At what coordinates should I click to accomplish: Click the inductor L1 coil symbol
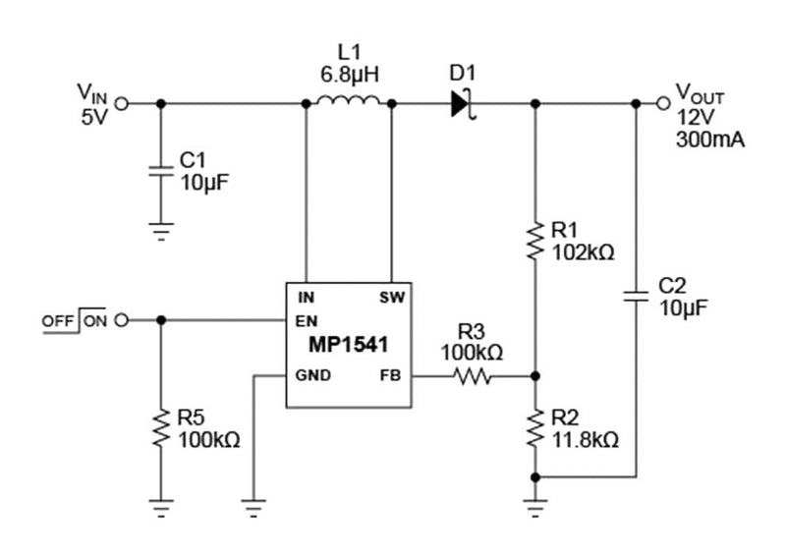pyautogui.click(x=349, y=101)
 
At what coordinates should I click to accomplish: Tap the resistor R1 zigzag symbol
pyautogui.click(x=535, y=241)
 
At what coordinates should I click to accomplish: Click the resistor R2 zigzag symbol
pyautogui.click(x=535, y=426)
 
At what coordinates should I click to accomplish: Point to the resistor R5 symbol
pyautogui.click(x=161, y=426)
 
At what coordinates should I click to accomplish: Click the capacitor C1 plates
pyautogui.click(x=161, y=171)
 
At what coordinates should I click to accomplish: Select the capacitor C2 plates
pyautogui.click(x=640, y=296)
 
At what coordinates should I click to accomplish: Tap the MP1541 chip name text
pyautogui.click(x=349, y=347)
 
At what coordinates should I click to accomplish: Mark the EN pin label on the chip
pyautogui.click(x=306, y=319)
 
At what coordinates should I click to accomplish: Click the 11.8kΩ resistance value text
pyautogui.click(x=586, y=439)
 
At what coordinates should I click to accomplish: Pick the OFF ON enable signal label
pyautogui.click(x=75, y=320)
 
